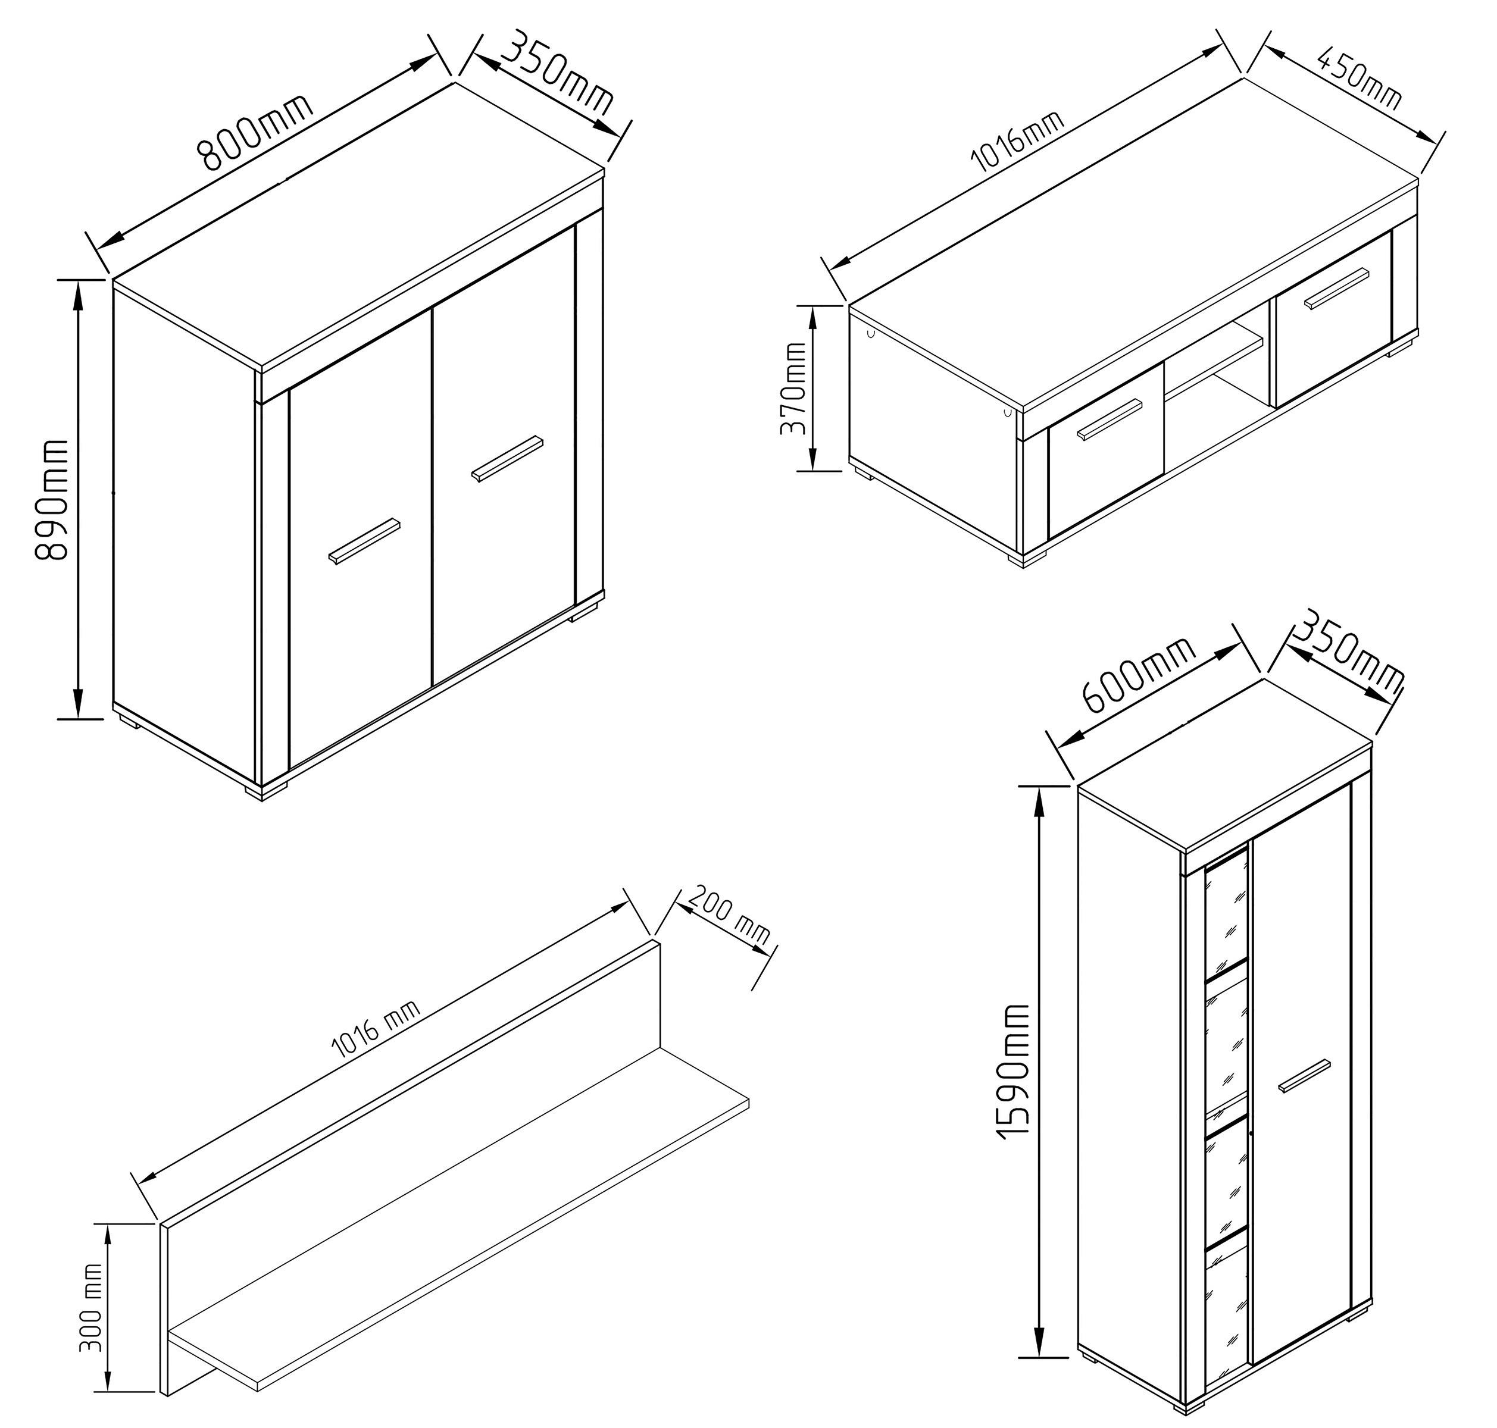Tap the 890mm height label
tap(54, 499)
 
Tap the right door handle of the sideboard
tap(507, 458)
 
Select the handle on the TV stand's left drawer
tap(1110, 419)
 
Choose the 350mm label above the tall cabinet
tap(1348, 653)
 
